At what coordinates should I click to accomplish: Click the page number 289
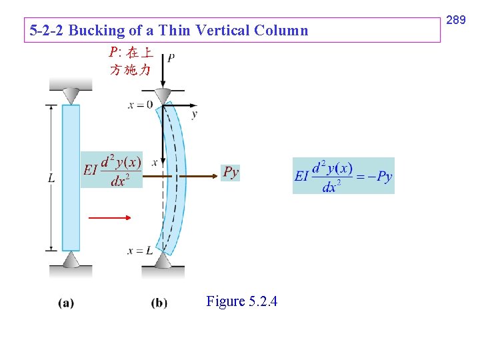[455, 21]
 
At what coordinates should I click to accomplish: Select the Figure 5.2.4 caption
[241, 301]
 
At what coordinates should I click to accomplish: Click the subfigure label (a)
[66, 303]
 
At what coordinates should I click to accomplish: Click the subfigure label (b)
[159, 303]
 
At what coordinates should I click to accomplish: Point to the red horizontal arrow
[109, 217]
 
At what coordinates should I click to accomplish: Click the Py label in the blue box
[230, 173]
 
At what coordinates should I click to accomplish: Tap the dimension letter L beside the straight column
[51, 178]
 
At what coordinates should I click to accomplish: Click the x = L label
[140, 251]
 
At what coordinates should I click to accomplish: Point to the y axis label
[194, 114]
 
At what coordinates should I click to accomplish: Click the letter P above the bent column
[171, 58]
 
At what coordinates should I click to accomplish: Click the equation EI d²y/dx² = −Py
[343, 176]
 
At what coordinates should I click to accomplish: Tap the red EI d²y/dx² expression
[112, 169]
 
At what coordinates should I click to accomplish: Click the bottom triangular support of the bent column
[163, 259]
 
